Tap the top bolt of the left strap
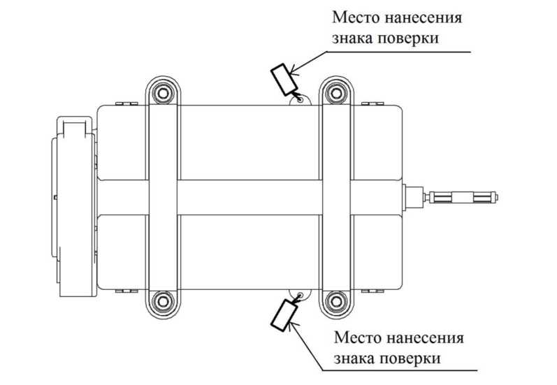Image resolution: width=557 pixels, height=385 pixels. (x=163, y=92)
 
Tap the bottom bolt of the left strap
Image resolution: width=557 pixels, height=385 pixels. (x=163, y=301)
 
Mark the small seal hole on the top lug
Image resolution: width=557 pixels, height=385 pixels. (x=301, y=99)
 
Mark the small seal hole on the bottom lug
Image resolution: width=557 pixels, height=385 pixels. (x=301, y=294)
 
